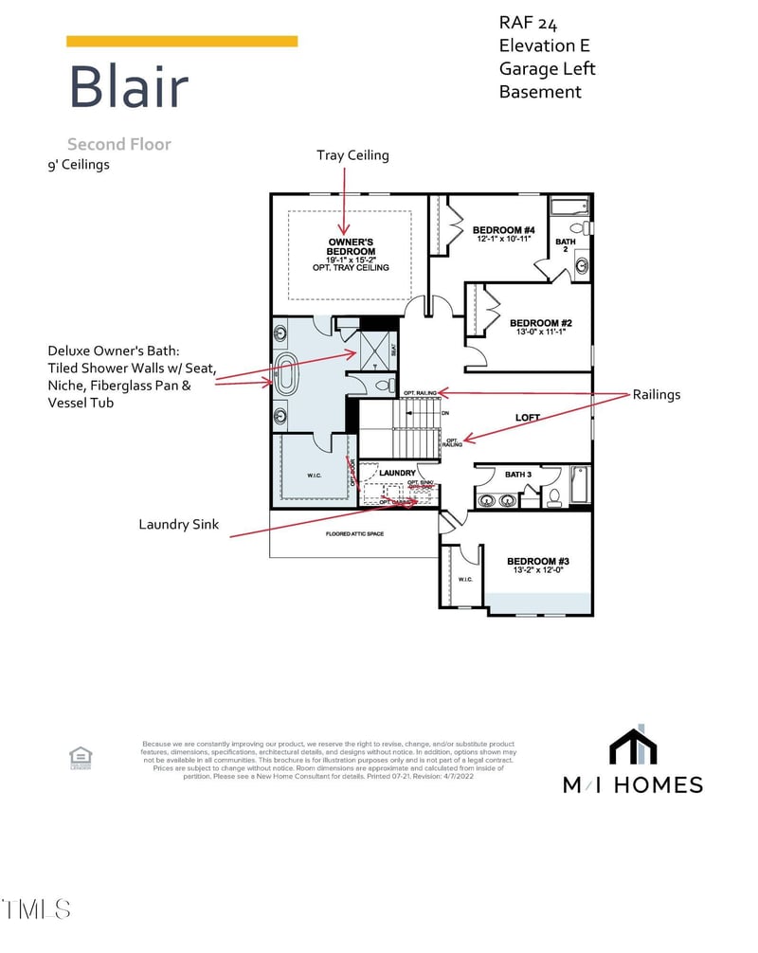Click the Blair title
click(128, 86)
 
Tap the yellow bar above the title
click(182, 41)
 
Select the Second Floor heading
click(118, 144)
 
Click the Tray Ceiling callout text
click(352, 154)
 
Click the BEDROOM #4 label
click(504, 230)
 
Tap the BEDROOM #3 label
click(537, 561)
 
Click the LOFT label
click(528, 417)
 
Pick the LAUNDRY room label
click(397, 472)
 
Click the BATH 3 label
click(518, 474)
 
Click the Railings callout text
click(656, 394)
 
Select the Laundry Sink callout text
click(179, 524)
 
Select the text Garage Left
click(548, 68)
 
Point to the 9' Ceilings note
click(79, 164)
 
